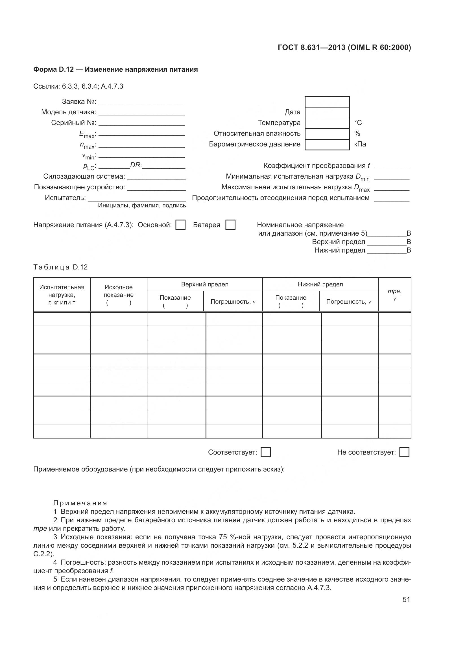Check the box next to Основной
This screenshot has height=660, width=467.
180,225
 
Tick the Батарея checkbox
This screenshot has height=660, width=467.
230,225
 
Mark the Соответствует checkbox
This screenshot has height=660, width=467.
265,452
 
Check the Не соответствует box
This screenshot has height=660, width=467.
404,452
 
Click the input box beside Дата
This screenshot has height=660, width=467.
327,112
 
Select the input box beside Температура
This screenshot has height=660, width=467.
327,123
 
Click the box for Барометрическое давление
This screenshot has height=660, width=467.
327,144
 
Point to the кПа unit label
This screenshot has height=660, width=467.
360,144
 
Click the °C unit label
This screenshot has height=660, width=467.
358,123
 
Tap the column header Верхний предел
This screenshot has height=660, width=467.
205,284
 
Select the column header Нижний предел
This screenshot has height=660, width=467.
320,284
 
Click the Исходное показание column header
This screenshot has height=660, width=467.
119,294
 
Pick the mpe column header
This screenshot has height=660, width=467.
394,295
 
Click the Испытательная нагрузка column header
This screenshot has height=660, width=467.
62,294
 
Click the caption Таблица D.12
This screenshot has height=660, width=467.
60,267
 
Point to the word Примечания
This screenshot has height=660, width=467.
80,503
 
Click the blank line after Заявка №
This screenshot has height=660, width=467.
141,102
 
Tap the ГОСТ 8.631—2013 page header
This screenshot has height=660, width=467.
344,47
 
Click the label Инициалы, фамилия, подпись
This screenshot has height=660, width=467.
142,205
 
